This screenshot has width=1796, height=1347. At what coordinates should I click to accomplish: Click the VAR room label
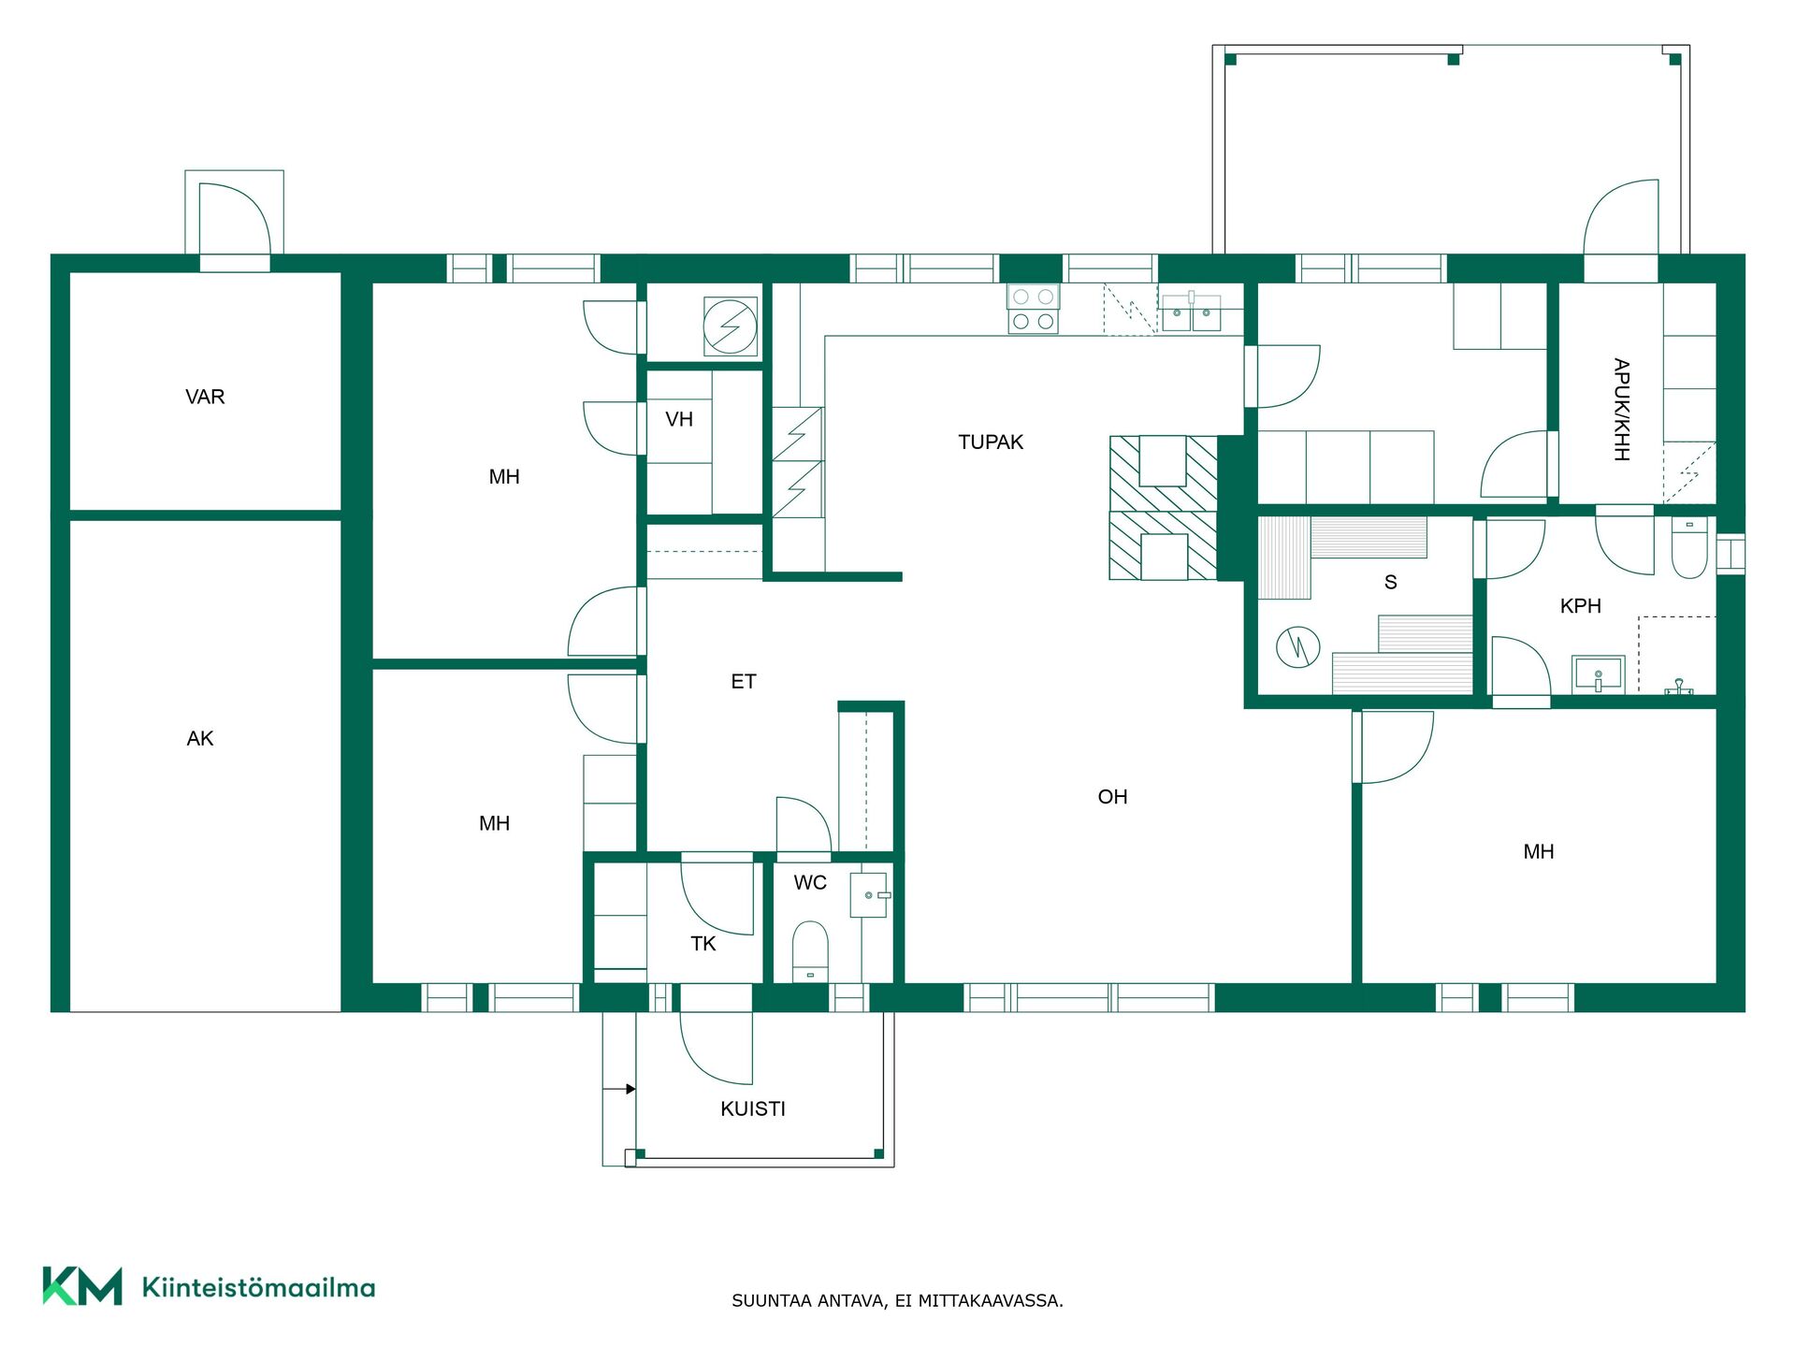205,397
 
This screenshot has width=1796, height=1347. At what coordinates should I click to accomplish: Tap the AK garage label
200,739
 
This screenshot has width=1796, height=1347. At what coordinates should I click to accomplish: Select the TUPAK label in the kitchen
991,442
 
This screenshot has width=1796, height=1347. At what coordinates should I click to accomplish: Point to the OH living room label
1112,797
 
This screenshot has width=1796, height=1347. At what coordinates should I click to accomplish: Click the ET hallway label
744,682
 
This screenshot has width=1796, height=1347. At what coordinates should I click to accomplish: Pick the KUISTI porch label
753,1109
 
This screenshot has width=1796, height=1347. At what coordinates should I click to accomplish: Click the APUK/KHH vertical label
1621,410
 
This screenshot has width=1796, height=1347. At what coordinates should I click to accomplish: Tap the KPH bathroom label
1581,606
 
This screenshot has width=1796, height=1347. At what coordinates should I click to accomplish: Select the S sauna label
1391,583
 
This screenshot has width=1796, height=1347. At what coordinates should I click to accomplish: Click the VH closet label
679,420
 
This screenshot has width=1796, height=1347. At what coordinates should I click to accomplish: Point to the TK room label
703,944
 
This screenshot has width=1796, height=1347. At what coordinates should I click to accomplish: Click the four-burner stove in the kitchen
1033,309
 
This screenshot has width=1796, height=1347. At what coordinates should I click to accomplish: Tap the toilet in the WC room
810,951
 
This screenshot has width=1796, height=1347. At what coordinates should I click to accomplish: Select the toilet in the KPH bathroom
1689,547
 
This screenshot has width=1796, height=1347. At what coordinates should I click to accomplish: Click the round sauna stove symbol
1298,646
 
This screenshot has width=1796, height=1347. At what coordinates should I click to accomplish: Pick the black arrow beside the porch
619,1089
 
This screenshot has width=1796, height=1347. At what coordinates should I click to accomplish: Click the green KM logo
82,1286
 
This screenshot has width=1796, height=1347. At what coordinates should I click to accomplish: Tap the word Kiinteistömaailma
258,1288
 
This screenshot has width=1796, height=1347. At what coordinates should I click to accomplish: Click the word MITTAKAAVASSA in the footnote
991,1301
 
